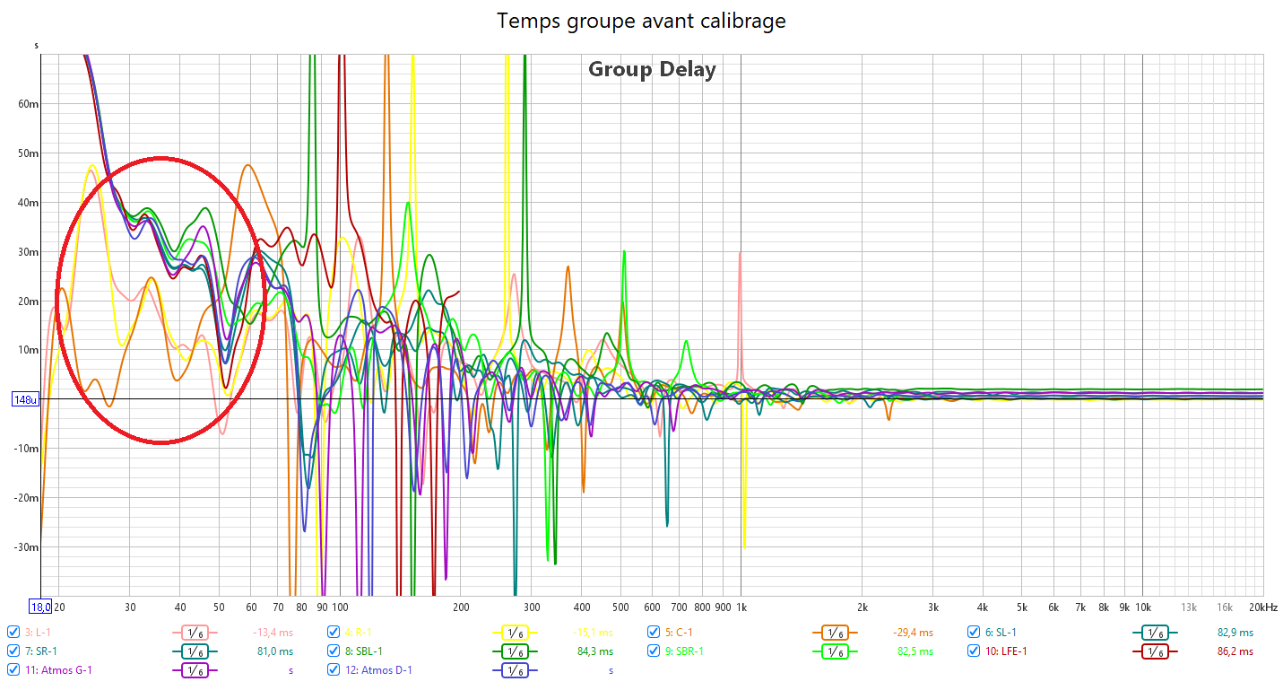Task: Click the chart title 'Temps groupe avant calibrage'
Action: click(641, 21)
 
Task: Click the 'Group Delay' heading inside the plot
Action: click(652, 69)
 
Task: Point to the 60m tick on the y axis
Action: click(29, 104)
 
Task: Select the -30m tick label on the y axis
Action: click(26, 547)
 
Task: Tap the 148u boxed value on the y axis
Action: click(25, 399)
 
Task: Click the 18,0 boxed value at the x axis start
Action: click(41, 607)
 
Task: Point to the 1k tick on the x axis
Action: click(741, 607)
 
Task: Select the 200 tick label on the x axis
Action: click(461, 607)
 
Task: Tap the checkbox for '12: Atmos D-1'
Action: click(334, 670)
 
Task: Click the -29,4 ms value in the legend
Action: click(913, 632)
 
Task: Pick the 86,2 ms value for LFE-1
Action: click(1235, 651)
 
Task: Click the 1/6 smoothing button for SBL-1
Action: click(515, 651)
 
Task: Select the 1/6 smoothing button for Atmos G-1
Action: click(195, 671)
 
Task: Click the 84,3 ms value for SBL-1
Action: click(594, 651)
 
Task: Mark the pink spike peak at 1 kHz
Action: click(740, 254)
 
